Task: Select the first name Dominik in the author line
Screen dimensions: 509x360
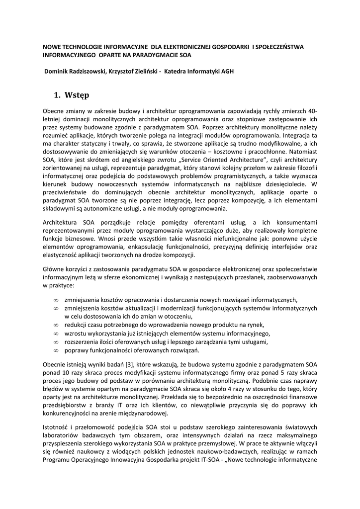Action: point(59,71)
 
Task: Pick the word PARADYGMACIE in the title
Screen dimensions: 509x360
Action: point(148,55)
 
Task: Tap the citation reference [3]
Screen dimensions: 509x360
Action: point(128,364)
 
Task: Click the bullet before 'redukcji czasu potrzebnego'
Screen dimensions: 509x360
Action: point(56,325)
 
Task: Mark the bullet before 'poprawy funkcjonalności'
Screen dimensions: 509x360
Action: point(56,350)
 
